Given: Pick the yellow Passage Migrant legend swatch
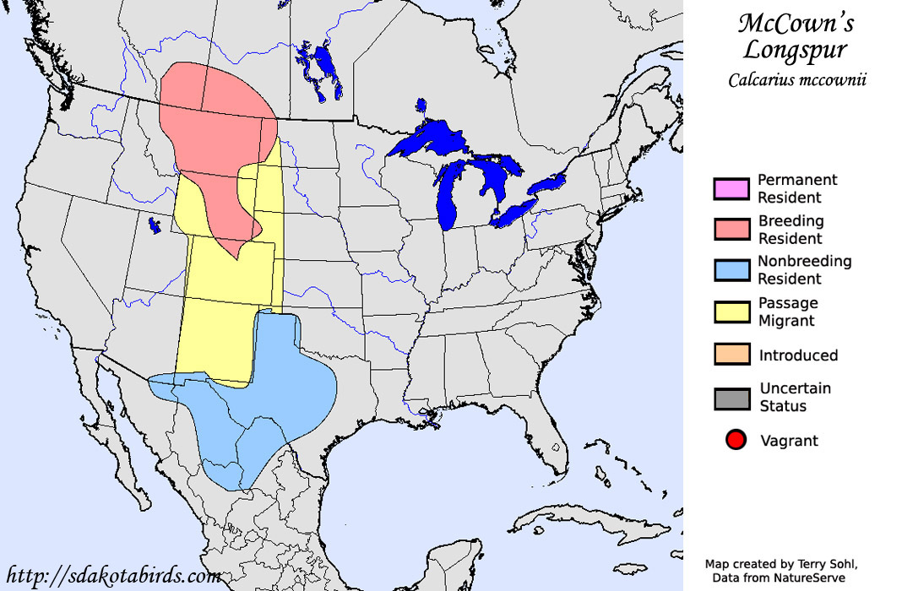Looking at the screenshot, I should tap(731, 312).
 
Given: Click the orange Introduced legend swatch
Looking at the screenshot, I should tap(731, 355).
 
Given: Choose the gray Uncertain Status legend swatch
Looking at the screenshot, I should tap(731, 397).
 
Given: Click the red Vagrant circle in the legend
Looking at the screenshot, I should tap(736, 441).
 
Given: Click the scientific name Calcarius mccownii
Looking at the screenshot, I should tap(798, 80).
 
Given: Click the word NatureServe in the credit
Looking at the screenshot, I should tap(810, 577).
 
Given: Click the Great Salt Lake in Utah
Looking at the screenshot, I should tap(154, 225).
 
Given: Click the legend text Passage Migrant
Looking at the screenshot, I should tap(787, 312).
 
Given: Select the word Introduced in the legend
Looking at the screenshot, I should tap(798, 355).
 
